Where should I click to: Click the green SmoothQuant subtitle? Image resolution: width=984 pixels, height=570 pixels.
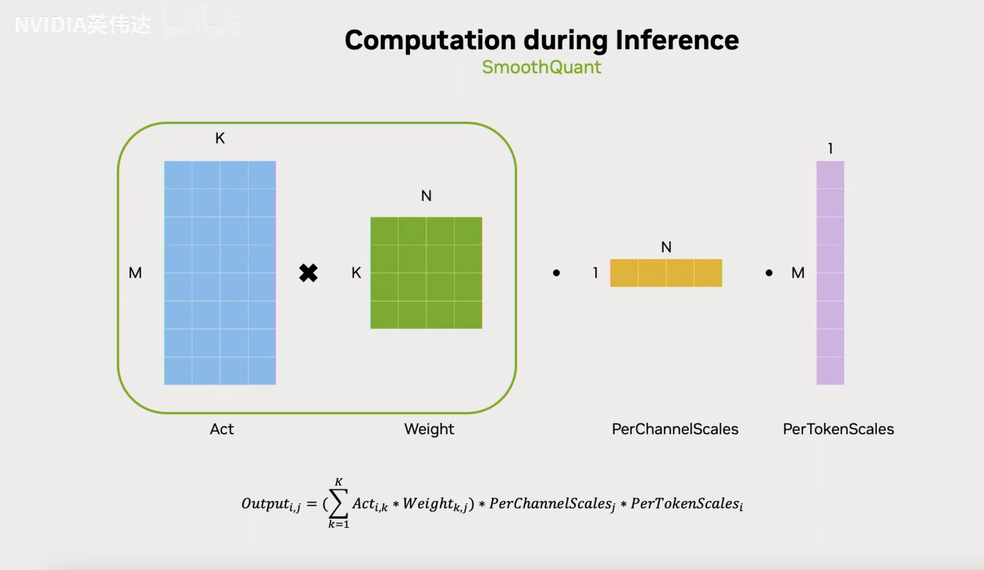pyautogui.click(x=541, y=67)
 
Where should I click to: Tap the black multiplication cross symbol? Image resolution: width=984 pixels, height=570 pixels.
pyautogui.click(x=308, y=273)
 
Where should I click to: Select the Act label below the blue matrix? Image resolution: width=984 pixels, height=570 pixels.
pyautogui.click(x=222, y=429)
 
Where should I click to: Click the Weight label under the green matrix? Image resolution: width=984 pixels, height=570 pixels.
pyautogui.click(x=429, y=429)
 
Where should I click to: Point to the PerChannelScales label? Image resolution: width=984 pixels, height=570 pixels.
pyautogui.click(x=675, y=429)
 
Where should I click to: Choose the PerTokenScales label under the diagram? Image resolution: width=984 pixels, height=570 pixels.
pyautogui.click(x=838, y=429)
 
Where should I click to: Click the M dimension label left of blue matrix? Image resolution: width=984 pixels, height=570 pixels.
pyautogui.click(x=135, y=273)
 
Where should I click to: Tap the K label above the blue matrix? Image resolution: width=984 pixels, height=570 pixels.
pyautogui.click(x=220, y=138)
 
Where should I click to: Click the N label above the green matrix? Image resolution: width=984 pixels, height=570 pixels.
pyautogui.click(x=426, y=196)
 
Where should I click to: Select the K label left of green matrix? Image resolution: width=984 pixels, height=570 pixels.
pyautogui.click(x=356, y=273)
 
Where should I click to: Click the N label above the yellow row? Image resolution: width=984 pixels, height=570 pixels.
pyautogui.click(x=666, y=247)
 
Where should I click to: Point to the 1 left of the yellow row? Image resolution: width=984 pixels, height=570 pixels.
pyautogui.click(x=596, y=273)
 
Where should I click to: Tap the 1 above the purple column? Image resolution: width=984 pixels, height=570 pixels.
pyautogui.click(x=830, y=149)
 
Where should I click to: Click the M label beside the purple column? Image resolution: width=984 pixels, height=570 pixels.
pyautogui.click(x=798, y=273)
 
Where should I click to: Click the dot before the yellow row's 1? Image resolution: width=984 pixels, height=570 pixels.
pyautogui.click(x=556, y=273)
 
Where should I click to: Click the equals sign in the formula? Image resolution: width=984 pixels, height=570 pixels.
pyautogui.click(x=311, y=504)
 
